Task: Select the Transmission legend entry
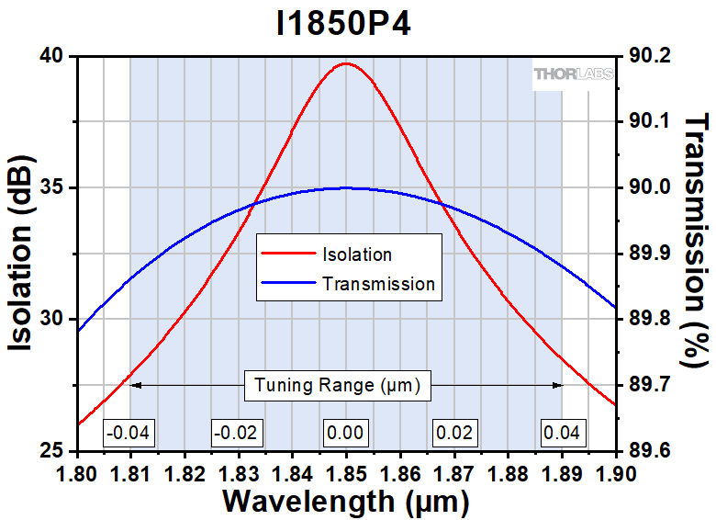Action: (377, 284)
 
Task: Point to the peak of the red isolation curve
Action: (346, 63)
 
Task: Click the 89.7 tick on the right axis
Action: (649, 386)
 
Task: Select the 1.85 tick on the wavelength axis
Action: (346, 474)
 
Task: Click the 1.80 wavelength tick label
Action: (78, 474)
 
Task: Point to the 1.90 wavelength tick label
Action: (614, 474)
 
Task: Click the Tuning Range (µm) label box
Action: (337, 387)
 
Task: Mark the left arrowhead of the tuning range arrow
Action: (134, 386)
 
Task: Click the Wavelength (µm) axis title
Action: (346, 502)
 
